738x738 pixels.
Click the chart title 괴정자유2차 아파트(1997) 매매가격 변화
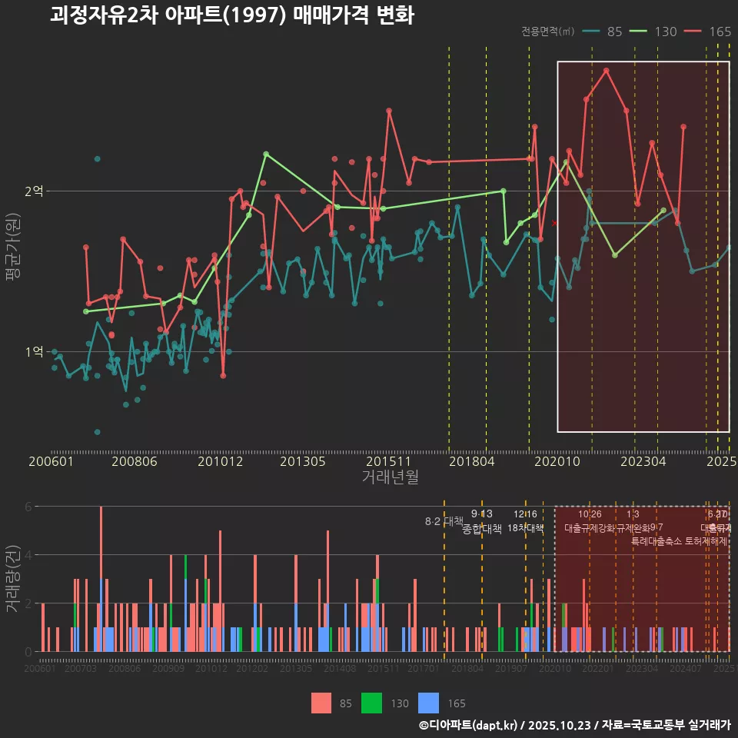231,15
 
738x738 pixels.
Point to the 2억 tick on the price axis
33,191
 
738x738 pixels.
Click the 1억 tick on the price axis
33,351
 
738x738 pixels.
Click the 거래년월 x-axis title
390,477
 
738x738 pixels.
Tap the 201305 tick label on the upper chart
303,462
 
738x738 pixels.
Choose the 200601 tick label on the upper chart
51,462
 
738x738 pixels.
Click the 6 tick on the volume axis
28,507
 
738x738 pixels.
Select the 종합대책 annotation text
481,529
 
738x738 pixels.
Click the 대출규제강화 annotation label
589,528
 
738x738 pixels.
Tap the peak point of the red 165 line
607,70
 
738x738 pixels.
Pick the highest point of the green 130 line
265,154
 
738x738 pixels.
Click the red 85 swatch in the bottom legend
321,703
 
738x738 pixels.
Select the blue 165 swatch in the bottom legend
428,703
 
